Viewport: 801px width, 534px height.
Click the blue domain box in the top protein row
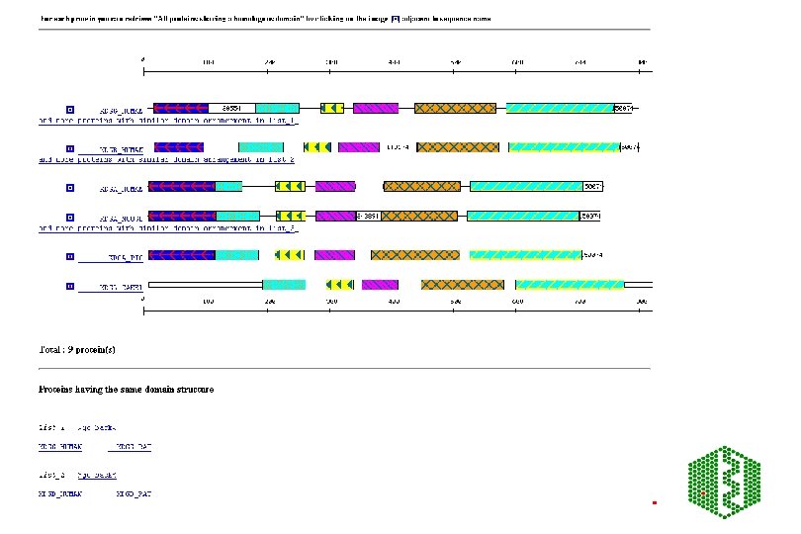[x=178, y=108]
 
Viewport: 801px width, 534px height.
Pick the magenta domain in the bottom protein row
[x=380, y=285]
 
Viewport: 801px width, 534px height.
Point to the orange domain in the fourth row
[x=419, y=216]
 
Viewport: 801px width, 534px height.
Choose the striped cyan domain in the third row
[x=528, y=186]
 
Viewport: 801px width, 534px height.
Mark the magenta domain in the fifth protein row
[x=335, y=255]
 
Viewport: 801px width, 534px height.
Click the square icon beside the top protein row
[x=69, y=109]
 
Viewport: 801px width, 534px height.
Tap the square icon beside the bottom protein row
[x=69, y=286]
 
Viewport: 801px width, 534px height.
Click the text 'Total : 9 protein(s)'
[x=76, y=349]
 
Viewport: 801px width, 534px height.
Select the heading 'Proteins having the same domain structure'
[x=126, y=389]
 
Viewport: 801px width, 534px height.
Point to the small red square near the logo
[x=655, y=502]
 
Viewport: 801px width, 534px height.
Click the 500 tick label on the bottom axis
[x=455, y=300]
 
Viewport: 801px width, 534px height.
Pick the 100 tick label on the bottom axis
[x=207, y=300]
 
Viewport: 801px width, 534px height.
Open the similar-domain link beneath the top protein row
[x=168, y=120]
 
